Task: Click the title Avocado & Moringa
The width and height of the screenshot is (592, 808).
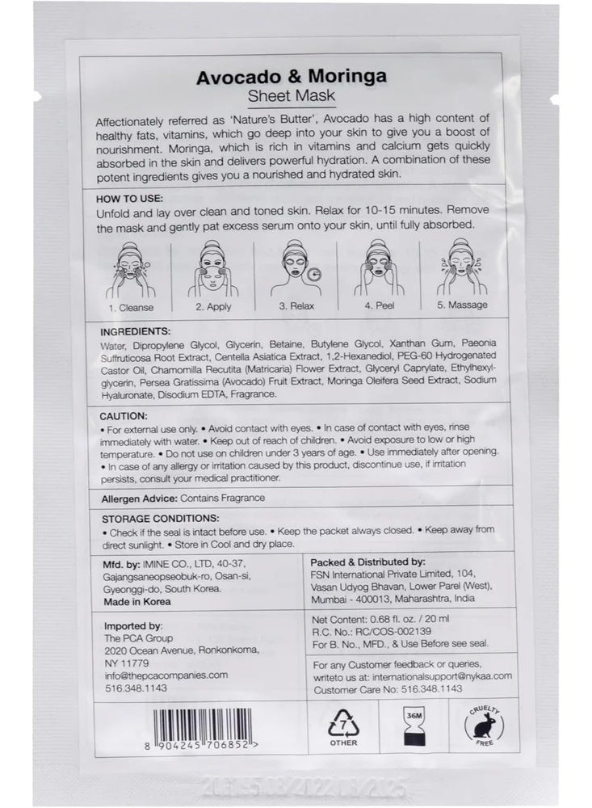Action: click(x=291, y=77)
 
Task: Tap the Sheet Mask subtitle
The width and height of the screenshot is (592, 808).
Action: click(x=291, y=97)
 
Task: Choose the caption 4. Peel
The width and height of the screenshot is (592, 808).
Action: click(x=378, y=307)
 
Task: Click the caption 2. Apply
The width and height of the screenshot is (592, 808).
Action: click(x=212, y=307)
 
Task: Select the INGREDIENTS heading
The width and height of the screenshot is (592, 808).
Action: click(x=136, y=331)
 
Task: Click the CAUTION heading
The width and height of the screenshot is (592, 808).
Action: click(x=124, y=415)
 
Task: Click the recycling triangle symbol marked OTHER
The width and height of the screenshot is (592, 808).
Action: click(x=343, y=726)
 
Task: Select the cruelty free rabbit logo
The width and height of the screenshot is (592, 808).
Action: click(x=485, y=726)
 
